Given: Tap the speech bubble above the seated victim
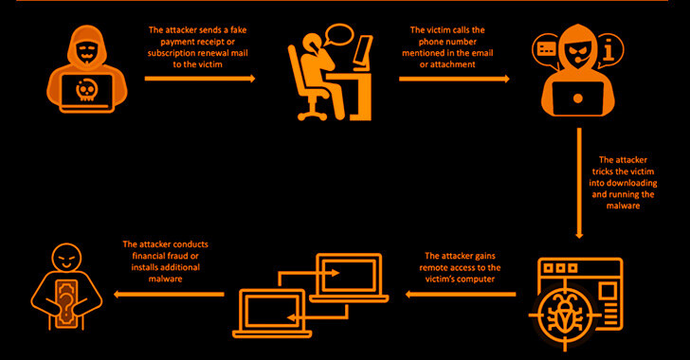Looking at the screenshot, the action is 338,35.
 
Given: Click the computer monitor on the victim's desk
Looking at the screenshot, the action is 364,52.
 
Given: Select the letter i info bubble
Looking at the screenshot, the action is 609,50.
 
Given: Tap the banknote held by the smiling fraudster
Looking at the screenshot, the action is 66,303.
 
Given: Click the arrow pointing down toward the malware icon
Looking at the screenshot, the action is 579,183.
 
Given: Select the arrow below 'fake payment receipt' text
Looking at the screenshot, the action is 200,79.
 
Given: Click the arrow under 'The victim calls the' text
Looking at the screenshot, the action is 454,79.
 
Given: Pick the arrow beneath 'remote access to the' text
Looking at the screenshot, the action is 461,294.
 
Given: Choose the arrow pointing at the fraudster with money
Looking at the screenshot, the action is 169,294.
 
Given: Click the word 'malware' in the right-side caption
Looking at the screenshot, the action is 623,206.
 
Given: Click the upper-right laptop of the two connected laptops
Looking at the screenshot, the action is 349,278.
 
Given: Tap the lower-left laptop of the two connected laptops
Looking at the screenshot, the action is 272,313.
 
